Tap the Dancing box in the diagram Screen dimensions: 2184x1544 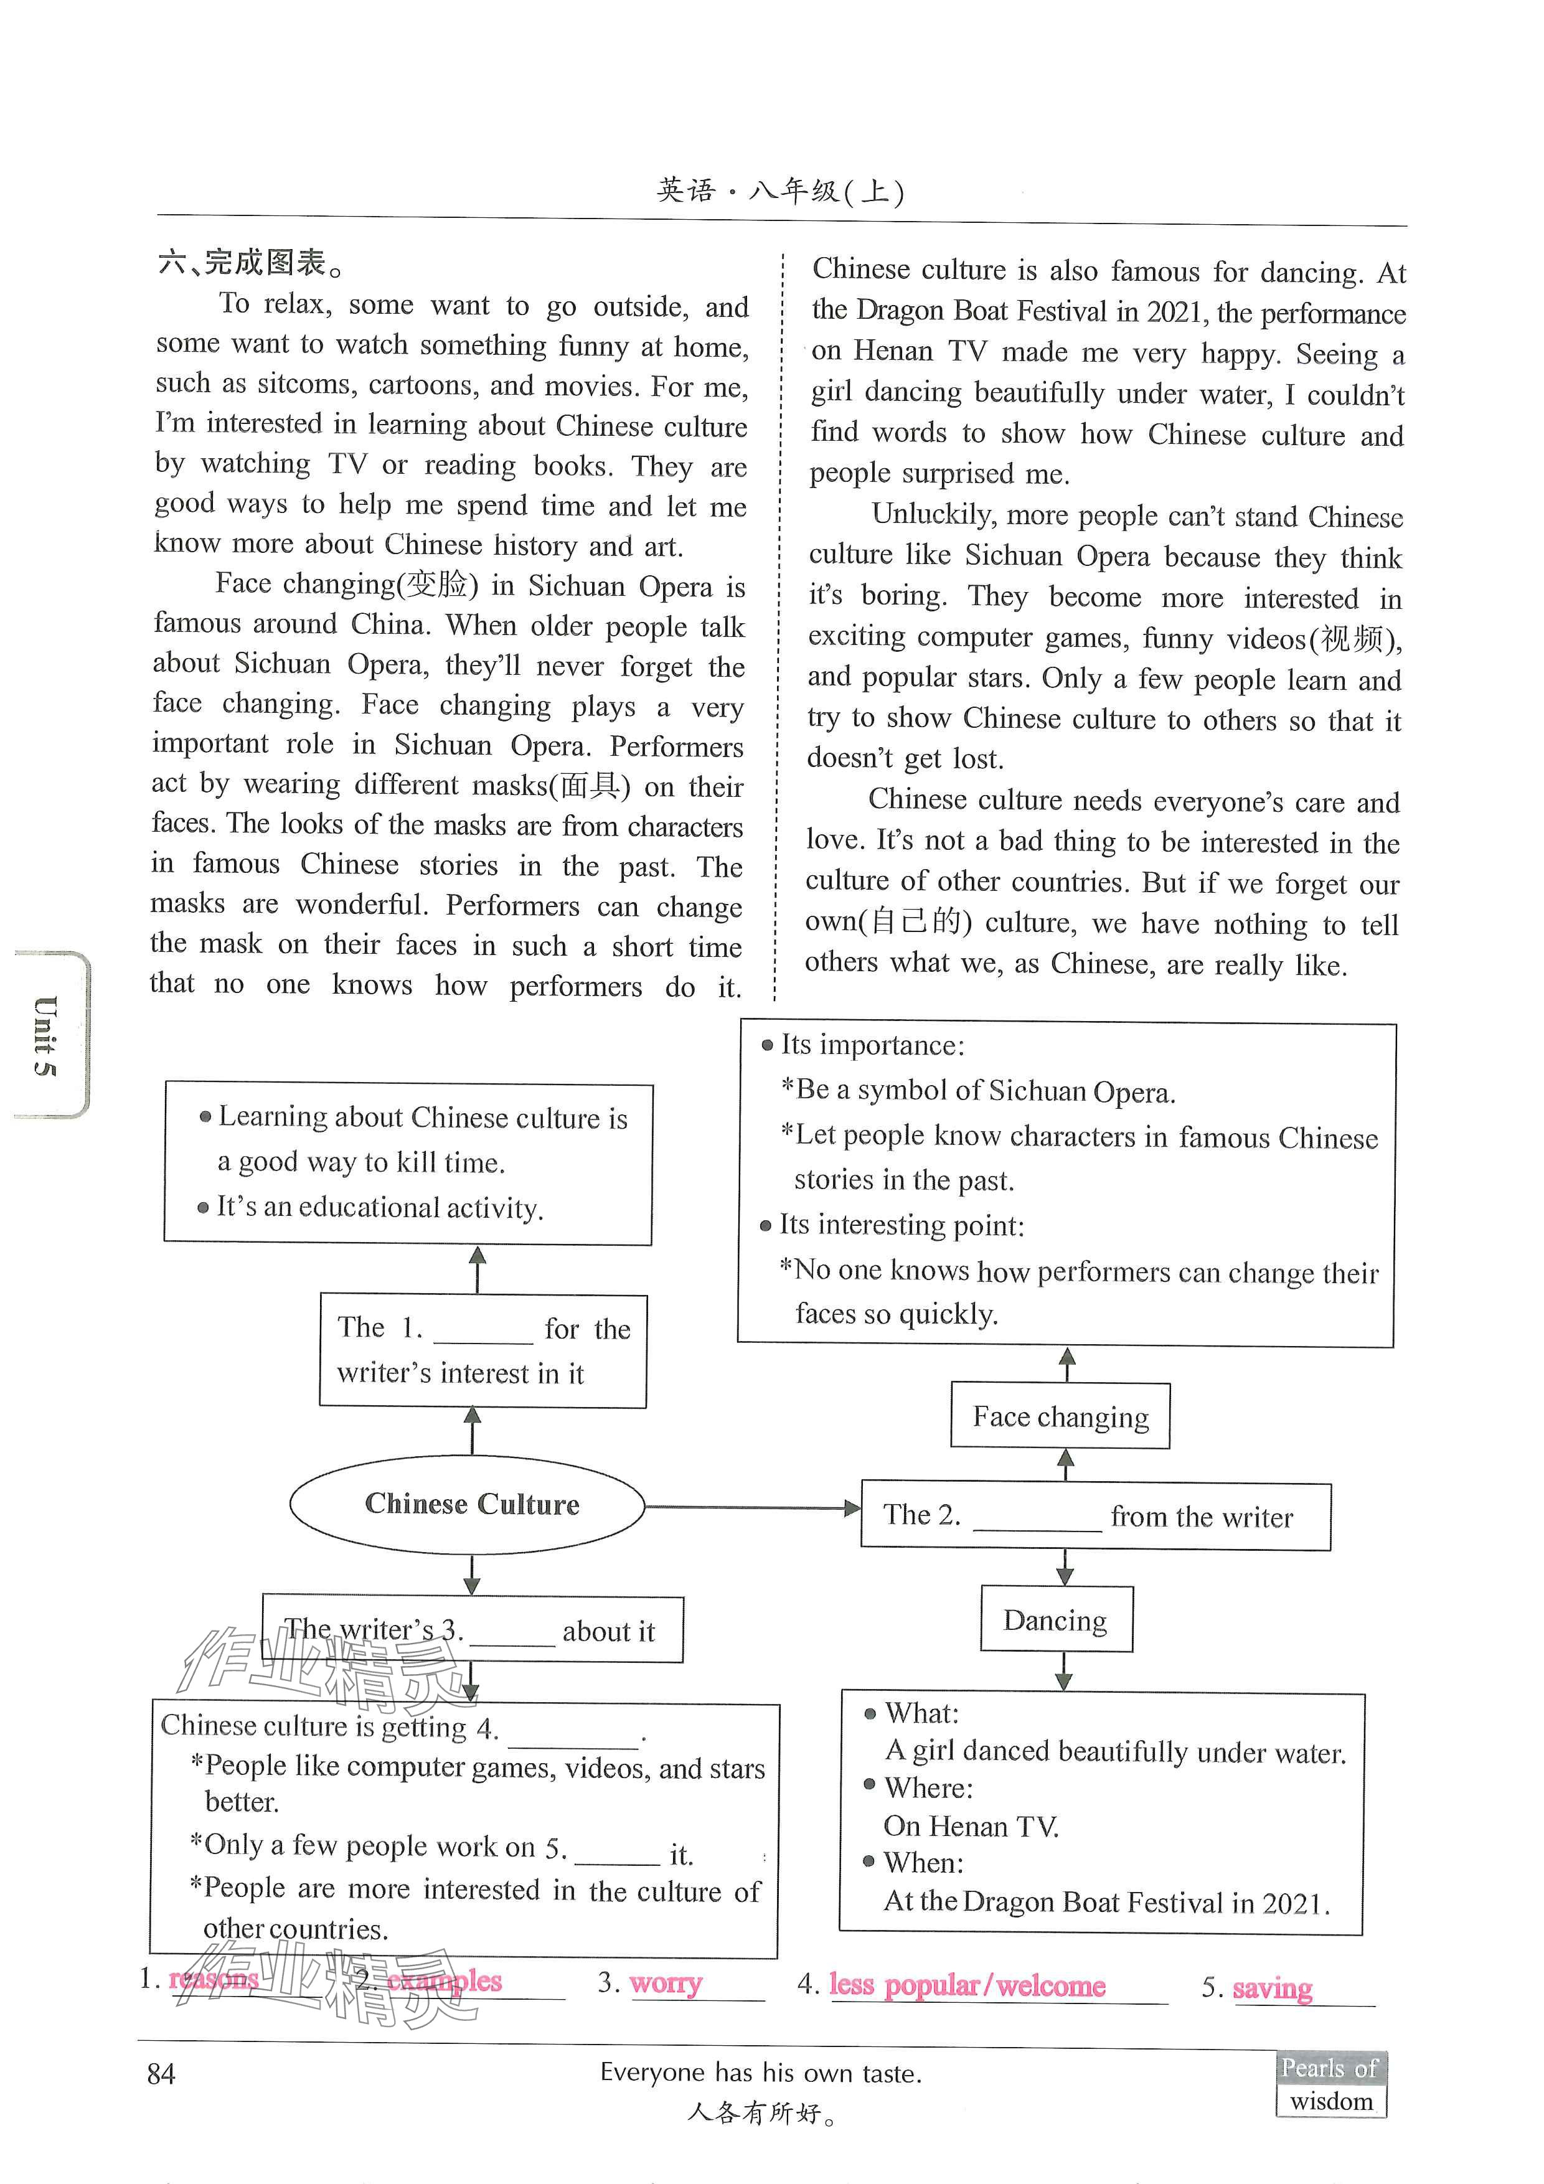coord(1056,1619)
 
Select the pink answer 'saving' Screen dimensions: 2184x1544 coord(1272,1987)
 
